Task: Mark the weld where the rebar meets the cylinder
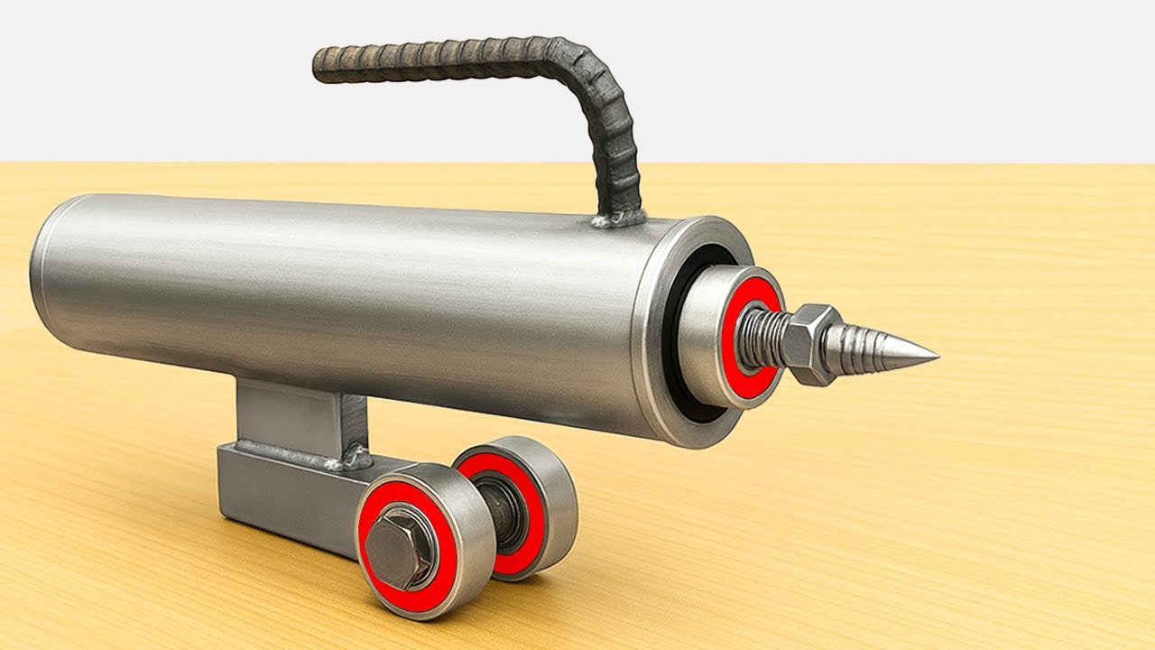pyautogui.click(x=618, y=218)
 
